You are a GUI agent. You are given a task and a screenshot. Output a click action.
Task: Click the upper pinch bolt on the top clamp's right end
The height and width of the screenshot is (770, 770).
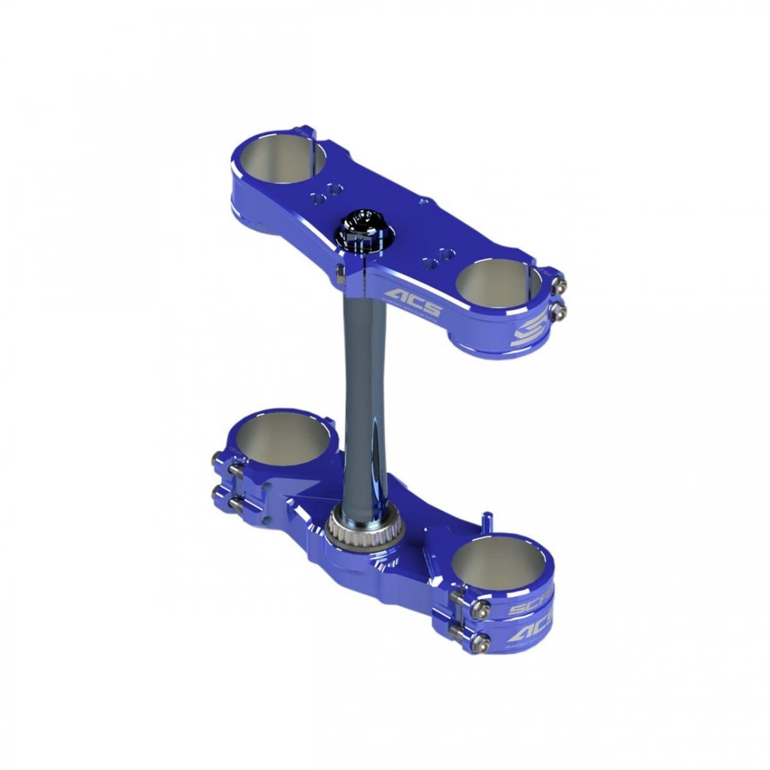(x=562, y=287)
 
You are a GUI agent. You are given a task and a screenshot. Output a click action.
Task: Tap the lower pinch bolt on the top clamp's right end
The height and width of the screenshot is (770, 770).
(x=562, y=311)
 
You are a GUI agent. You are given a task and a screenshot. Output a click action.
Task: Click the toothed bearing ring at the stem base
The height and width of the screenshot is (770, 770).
(x=349, y=531)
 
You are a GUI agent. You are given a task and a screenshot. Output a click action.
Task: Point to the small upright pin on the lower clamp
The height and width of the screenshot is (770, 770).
(x=486, y=520)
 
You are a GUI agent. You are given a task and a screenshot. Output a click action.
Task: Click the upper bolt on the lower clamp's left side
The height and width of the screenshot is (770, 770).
(x=218, y=459)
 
